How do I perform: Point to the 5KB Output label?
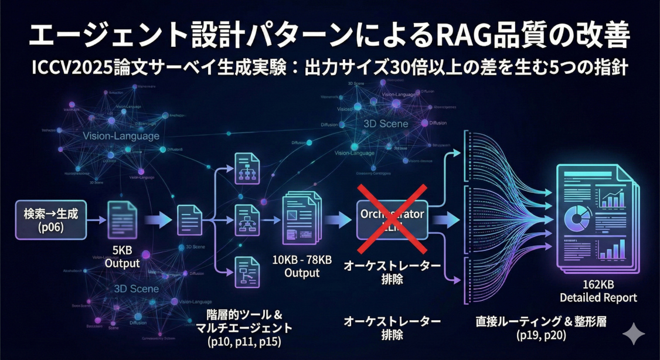123,257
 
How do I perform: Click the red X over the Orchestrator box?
392,220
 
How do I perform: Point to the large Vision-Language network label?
121,136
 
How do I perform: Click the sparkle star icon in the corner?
633,334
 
